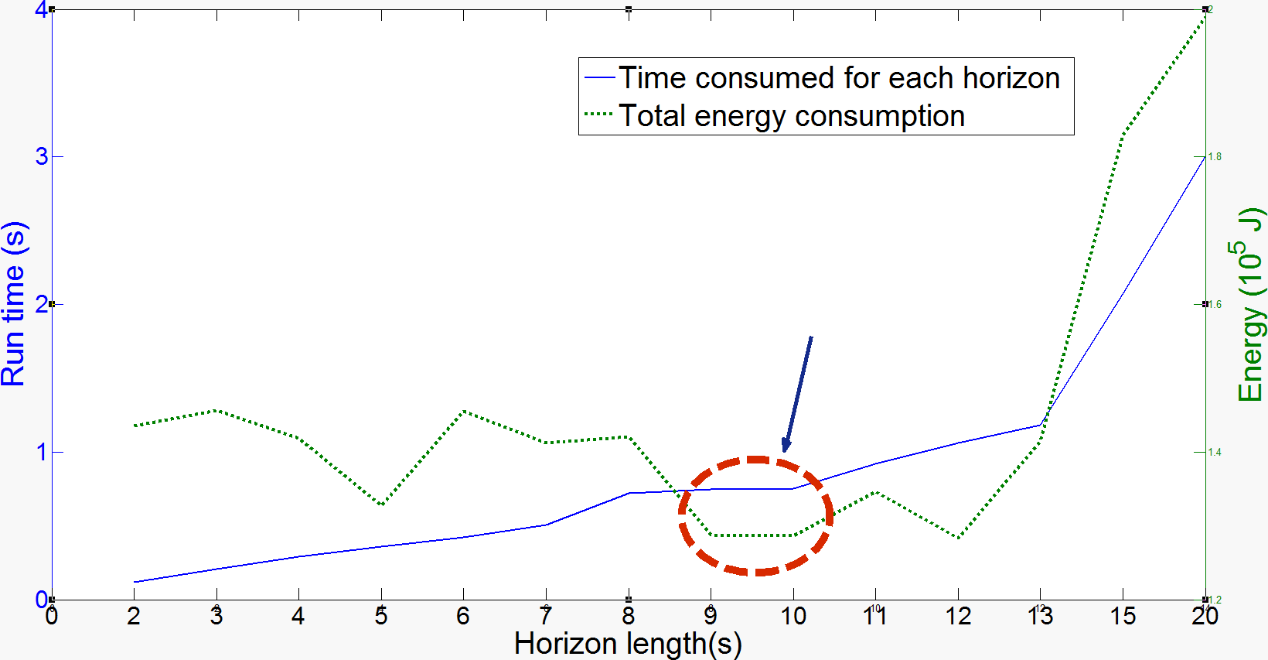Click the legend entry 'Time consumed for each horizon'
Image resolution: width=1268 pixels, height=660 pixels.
839,78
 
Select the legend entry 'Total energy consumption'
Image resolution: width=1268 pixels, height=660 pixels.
792,116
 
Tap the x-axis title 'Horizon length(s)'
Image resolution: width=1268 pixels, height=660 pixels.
628,644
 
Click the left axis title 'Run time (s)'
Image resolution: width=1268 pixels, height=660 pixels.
14,303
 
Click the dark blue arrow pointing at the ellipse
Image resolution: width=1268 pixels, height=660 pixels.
797,393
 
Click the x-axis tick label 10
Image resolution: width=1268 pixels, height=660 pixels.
793,617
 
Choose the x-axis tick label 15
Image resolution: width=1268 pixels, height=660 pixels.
1123,617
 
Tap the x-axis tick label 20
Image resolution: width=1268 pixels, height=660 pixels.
1205,617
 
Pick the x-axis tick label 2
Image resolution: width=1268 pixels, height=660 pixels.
134,617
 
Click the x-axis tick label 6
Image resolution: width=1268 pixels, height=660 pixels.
463,617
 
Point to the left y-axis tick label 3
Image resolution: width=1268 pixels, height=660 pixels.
41,156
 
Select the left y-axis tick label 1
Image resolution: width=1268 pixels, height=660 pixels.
41,452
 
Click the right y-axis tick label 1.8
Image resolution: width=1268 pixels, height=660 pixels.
1215,157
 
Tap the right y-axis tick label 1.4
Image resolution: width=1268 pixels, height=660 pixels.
1215,453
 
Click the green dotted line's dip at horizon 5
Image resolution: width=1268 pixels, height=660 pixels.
381,505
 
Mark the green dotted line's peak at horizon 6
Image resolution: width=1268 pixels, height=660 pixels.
464,410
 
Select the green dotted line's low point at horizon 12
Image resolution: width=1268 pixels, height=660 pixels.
959,538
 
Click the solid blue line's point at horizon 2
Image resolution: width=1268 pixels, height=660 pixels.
135,582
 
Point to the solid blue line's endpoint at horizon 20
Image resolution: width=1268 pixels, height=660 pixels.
1204,158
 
